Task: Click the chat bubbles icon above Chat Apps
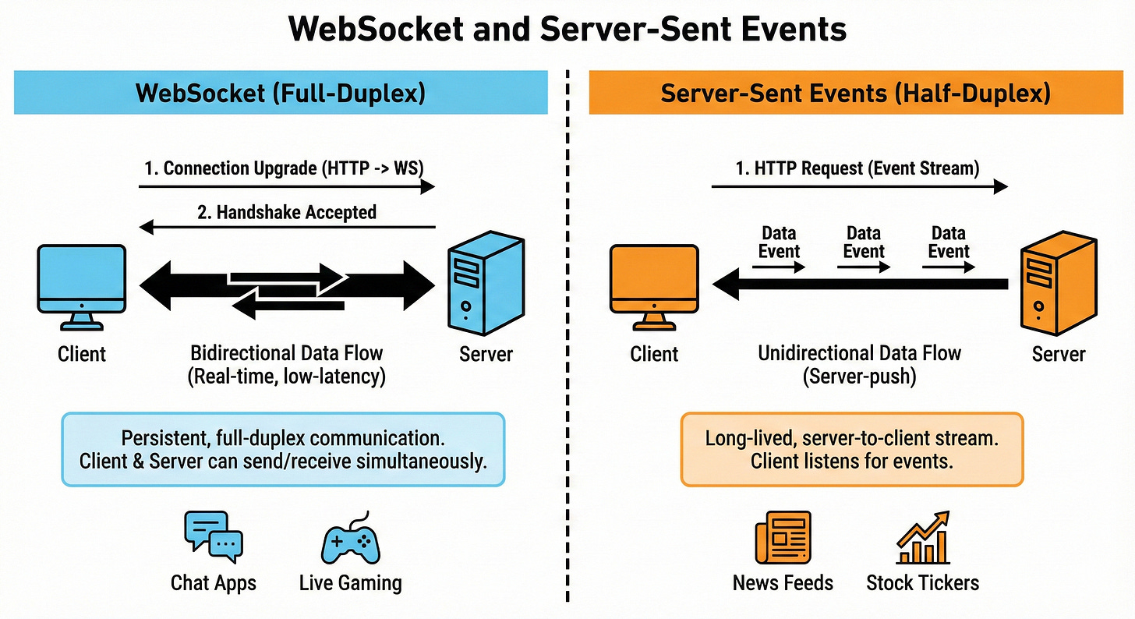(x=213, y=536)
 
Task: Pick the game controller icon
(x=350, y=538)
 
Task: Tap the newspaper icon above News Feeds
(x=782, y=537)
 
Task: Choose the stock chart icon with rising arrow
(x=923, y=537)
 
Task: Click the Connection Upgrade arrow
(x=286, y=187)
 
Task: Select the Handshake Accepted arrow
(x=286, y=228)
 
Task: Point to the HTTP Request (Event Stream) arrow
(x=859, y=187)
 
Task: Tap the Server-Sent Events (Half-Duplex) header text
(x=855, y=94)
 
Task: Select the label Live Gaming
(x=350, y=582)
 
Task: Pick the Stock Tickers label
(x=922, y=582)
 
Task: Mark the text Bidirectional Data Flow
(x=287, y=352)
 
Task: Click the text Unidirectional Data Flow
(x=859, y=352)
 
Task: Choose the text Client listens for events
(x=852, y=461)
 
